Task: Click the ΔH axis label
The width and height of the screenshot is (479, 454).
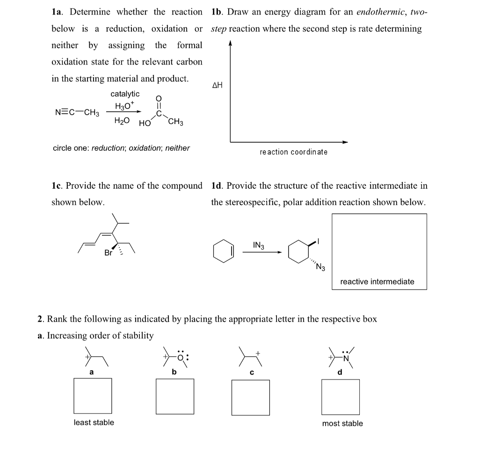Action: [218, 85]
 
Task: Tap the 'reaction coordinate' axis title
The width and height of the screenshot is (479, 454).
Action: [293, 152]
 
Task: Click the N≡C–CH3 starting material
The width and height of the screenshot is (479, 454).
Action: [77, 113]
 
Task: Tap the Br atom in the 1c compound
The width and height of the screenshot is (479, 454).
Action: [109, 253]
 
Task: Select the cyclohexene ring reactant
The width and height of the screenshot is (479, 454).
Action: [223, 251]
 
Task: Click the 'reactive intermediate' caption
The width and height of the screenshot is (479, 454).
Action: [377, 282]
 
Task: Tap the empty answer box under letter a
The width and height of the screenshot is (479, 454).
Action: [93, 396]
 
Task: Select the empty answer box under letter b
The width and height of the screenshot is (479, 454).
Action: [175, 396]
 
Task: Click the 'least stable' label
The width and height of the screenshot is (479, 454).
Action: [94, 423]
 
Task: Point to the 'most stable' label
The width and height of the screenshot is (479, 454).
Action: [342, 424]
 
